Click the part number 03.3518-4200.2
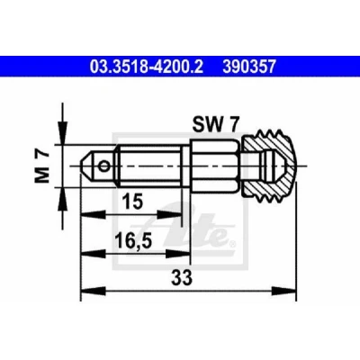pyautogui.click(x=147, y=67)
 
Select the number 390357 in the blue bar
pyautogui.click(x=249, y=67)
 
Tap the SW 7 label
pyautogui.click(x=216, y=124)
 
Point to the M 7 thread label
pyautogui.click(x=42, y=166)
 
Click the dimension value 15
pyautogui.click(x=133, y=201)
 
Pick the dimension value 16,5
pyautogui.click(x=133, y=241)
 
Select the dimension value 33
pyautogui.click(x=182, y=277)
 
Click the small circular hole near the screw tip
pyautogui.click(x=104, y=166)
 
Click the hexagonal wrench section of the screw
pyautogui.click(x=214, y=166)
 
